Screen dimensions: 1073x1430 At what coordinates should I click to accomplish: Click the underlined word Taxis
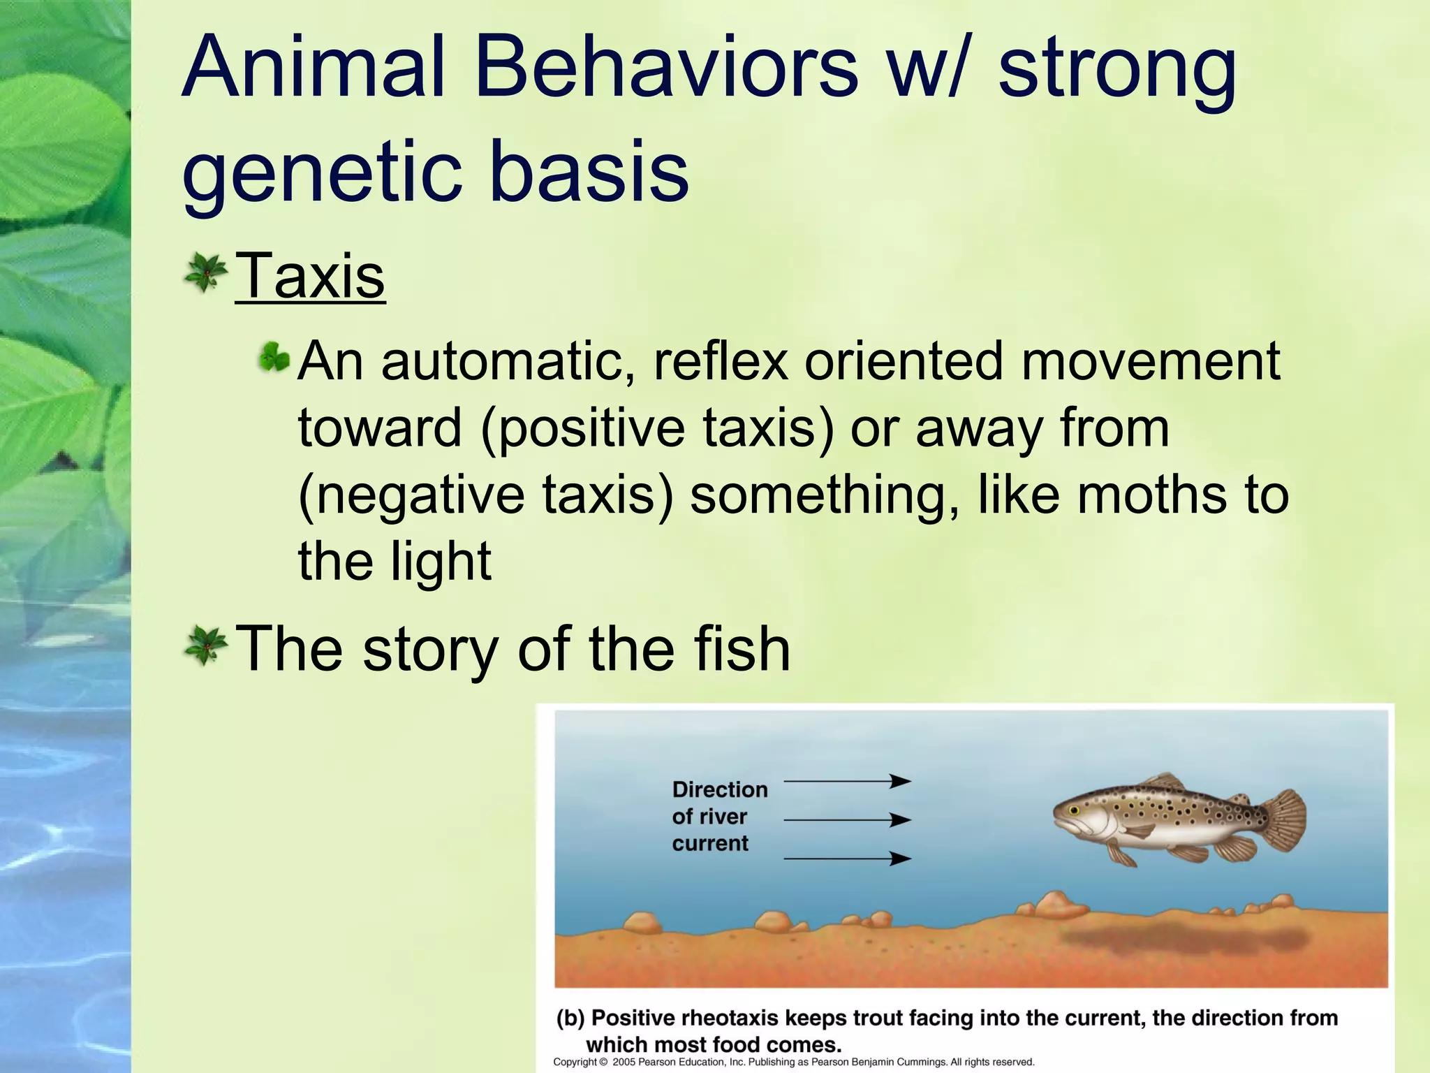coord(310,277)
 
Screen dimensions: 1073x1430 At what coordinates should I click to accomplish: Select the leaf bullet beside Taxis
coord(205,272)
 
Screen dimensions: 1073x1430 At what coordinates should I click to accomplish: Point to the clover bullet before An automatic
coord(274,359)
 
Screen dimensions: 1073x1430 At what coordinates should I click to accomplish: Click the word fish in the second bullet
coord(742,650)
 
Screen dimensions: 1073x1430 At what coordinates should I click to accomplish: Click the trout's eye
coord(1074,810)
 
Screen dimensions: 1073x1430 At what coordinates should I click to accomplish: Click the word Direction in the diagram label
coord(719,789)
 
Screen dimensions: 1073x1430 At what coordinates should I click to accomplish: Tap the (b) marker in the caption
coord(570,1019)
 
